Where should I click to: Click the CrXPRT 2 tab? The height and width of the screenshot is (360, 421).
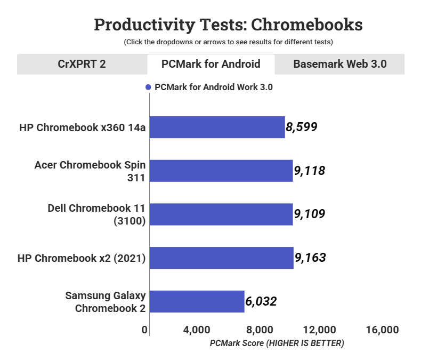pos(82,64)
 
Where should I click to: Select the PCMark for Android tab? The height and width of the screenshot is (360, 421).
pos(210,64)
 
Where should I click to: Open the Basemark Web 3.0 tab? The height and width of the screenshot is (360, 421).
pos(339,64)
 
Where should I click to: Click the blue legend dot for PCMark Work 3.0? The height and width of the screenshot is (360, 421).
pos(148,87)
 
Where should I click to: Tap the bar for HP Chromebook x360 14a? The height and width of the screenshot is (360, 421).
pos(217,127)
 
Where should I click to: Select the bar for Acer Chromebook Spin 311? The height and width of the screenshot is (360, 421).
pos(221,171)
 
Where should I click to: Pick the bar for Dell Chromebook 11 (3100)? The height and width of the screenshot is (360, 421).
pos(221,214)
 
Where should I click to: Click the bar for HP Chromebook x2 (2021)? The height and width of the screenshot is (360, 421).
pos(222,258)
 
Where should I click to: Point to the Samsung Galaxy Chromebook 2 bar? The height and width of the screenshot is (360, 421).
pos(197,302)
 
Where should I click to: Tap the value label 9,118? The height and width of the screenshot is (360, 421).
pos(309,171)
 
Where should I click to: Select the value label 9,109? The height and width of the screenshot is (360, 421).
pos(309,214)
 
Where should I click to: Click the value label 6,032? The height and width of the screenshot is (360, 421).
pos(261,302)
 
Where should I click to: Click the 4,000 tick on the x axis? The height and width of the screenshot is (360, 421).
pos(197,330)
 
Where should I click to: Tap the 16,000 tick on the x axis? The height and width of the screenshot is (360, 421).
pos(383,330)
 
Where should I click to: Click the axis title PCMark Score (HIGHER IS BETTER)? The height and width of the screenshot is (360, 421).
pos(277,343)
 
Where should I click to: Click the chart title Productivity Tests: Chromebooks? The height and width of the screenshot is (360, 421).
pos(228,25)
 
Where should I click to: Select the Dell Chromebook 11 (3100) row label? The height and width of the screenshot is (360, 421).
pos(97,214)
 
